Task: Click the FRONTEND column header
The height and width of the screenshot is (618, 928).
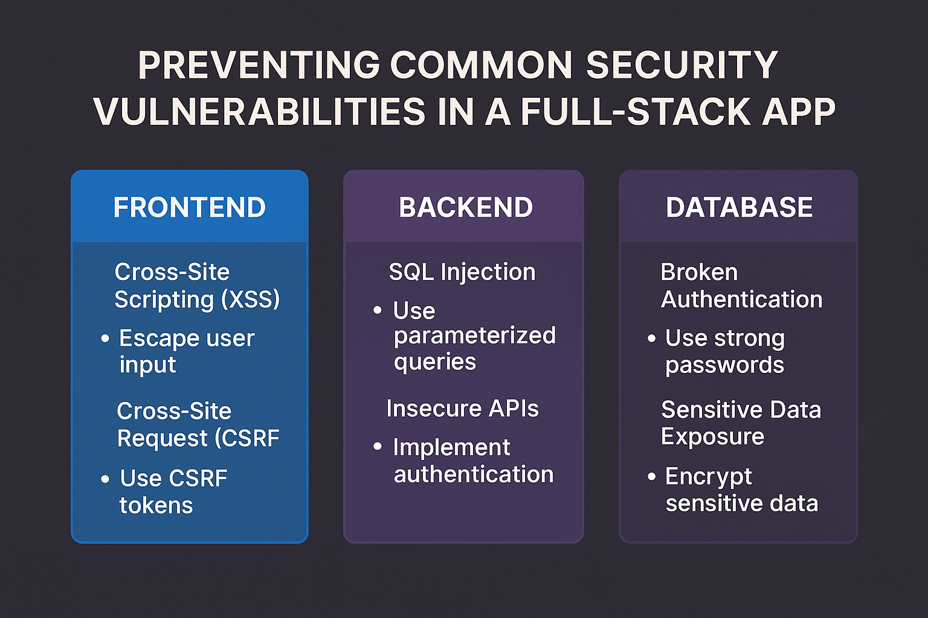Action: pyautogui.click(x=189, y=208)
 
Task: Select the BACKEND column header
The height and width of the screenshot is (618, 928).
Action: pyautogui.click(x=465, y=208)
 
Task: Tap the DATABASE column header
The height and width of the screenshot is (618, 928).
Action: pyautogui.click(x=739, y=208)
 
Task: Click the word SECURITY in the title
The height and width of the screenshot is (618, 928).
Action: pyautogui.click(x=681, y=65)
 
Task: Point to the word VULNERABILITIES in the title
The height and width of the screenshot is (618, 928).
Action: pyautogui.click(x=260, y=112)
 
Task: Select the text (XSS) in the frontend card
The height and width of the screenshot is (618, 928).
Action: pyautogui.click(x=250, y=299)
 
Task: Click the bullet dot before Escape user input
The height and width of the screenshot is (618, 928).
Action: pyautogui.click(x=105, y=339)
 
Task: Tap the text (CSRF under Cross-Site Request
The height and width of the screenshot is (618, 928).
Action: pyautogui.click(x=250, y=438)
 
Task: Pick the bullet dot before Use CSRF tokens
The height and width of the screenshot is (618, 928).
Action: pyautogui.click(x=105, y=479)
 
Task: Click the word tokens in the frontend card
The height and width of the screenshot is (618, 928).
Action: pyautogui.click(x=156, y=506)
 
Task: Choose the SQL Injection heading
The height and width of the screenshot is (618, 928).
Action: pyautogui.click(x=462, y=272)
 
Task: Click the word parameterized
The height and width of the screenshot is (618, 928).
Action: pyautogui.click(x=474, y=336)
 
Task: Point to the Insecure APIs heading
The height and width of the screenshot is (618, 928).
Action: pyautogui.click(x=462, y=409)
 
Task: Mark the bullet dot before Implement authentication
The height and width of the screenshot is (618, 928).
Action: pyautogui.click(x=378, y=447)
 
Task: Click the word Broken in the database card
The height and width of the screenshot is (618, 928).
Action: pyautogui.click(x=699, y=272)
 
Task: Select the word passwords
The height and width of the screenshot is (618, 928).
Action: pyautogui.click(x=724, y=365)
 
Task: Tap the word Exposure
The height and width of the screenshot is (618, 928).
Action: pyautogui.click(x=712, y=436)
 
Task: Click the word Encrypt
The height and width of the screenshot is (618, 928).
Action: pyautogui.click(x=708, y=477)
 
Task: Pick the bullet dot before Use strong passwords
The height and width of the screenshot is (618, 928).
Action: pyautogui.click(x=651, y=339)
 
